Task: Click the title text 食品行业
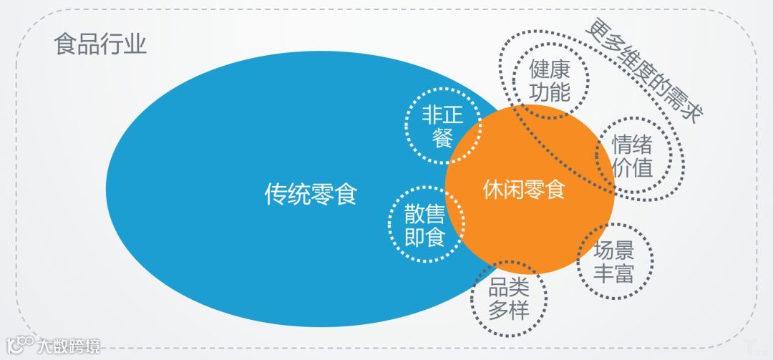point(100,45)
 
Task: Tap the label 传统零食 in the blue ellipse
point(311,194)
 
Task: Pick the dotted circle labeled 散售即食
point(424,224)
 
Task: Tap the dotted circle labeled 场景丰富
point(614,261)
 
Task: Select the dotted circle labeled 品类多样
point(509,298)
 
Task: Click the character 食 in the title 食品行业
point(65,45)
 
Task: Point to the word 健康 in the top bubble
point(550,69)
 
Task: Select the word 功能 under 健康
point(550,92)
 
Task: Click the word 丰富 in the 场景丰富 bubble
point(614,272)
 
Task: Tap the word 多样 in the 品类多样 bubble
point(509,310)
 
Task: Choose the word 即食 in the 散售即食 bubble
point(424,236)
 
